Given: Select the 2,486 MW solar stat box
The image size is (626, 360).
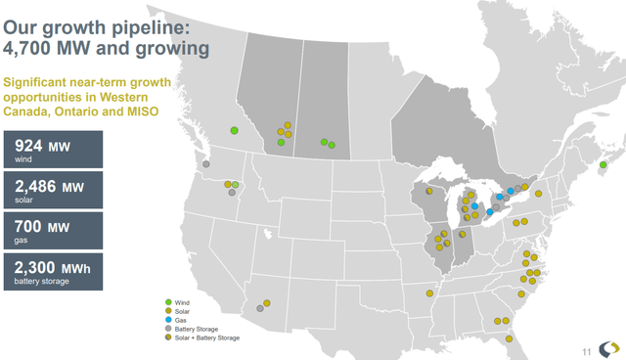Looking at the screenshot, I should [x=53, y=190].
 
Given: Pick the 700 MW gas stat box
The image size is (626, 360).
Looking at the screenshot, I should [x=53, y=230].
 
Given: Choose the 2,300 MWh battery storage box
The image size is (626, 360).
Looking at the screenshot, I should [x=53, y=269].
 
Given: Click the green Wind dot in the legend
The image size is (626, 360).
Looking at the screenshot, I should [x=168, y=303].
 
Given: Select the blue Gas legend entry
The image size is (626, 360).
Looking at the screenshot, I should [x=178, y=321].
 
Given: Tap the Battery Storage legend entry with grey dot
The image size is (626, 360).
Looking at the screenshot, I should [x=193, y=330].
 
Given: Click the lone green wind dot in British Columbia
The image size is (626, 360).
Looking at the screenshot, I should [x=235, y=130].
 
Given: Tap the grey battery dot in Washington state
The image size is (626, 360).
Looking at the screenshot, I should [x=205, y=164].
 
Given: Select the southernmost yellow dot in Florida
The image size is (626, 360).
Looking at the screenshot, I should [x=509, y=339].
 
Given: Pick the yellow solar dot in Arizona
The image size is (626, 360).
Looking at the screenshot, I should [x=265, y=304].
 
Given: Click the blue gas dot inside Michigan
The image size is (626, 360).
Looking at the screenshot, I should [x=474, y=206].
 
